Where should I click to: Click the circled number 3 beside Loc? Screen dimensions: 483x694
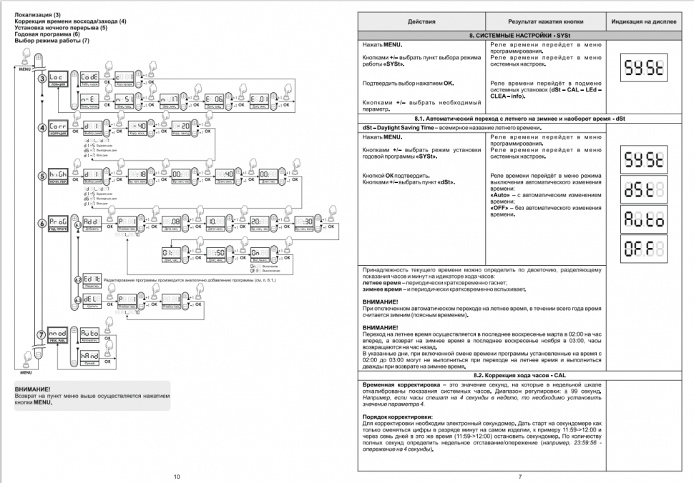pyautogui.click(x=42, y=78)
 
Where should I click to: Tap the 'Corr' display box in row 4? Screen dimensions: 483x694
pyautogui.click(x=59, y=126)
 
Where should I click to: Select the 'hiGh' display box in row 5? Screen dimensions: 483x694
pyautogui.click(x=59, y=174)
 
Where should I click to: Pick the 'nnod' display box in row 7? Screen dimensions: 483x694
pyautogui.click(x=59, y=333)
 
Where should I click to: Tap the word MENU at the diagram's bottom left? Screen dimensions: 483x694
pyautogui.click(x=26, y=372)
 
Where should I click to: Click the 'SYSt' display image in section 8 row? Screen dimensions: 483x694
pyautogui.click(x=644, y=69)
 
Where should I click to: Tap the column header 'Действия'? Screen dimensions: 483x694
pyautogui.click(x=421, y=22)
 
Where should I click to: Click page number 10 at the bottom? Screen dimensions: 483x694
pyautogui.click(x=177, y=475)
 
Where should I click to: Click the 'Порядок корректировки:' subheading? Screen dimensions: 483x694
pyautogui.click(x=398, y=416)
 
